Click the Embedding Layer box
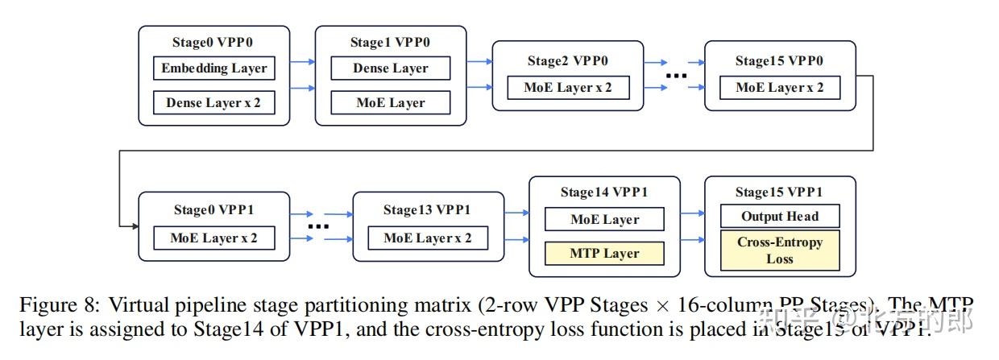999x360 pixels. (x=213, y=68)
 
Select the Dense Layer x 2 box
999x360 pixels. (x=213, y=103)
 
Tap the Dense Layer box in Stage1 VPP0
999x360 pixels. (x=391, y=68)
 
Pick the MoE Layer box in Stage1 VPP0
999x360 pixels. (x=391, y=103)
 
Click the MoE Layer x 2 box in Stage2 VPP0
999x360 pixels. (x=568, y=88)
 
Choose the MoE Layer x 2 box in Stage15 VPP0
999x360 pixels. (x=780, y=88)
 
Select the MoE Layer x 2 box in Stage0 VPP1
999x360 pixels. (x=213, y=238)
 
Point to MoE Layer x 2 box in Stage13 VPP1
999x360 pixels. (x=428, y=238)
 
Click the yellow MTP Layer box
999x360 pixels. (x=604, y=254)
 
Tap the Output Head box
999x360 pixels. (x=780, y=216)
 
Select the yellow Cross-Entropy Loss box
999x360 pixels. (x=780, y=250)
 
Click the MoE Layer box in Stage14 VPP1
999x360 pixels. (x=604, y=219)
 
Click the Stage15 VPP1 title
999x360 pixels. (x=779, y=192)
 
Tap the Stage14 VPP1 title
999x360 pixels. (x=604, y=192)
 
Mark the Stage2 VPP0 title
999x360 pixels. (x=568, y=60)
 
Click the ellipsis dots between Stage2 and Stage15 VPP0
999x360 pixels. (x=675, y=76)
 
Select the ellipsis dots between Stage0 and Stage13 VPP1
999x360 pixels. (x=319, y=227)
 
